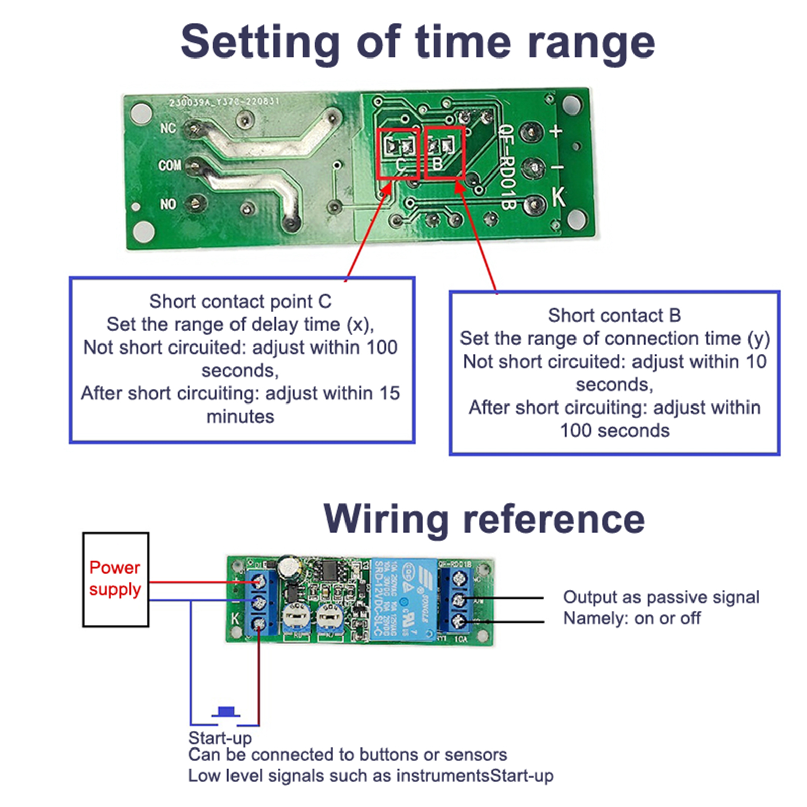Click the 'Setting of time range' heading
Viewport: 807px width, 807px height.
click(x=418, y=42)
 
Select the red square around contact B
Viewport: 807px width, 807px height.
click(x=444, y=152)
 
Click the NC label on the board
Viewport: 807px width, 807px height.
click(x=168, y=128)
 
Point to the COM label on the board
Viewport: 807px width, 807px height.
click(x=169, y=165)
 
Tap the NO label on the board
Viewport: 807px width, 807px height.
click(x=168, y=204)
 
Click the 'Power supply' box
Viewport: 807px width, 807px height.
click(x=116, y=579)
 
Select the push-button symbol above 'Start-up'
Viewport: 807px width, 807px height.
click(x=225, y=712)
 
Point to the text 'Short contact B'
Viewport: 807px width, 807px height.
click(x=614, y=315)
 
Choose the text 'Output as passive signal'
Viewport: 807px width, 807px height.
click(x=661, y=597)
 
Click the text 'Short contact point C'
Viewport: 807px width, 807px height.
click(x=241, y=301)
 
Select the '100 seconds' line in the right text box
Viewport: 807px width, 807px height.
click(x=614, y=430)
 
